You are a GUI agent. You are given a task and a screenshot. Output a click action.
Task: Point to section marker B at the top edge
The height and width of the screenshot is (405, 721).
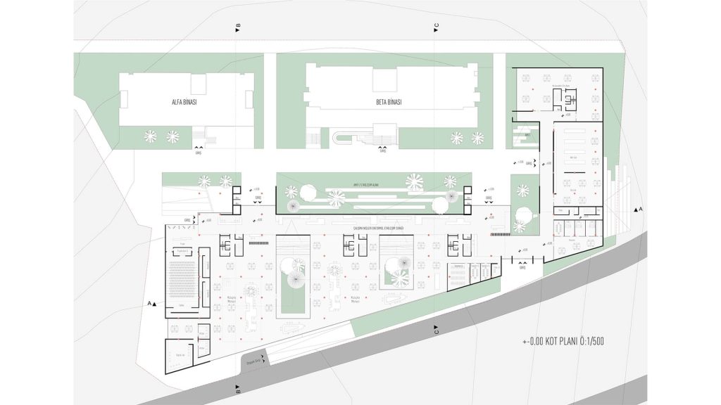(238, 27)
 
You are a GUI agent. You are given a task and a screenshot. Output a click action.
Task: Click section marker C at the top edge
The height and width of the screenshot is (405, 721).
(437, 27)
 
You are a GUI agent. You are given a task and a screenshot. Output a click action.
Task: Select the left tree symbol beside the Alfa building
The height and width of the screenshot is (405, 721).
(150, 136)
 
